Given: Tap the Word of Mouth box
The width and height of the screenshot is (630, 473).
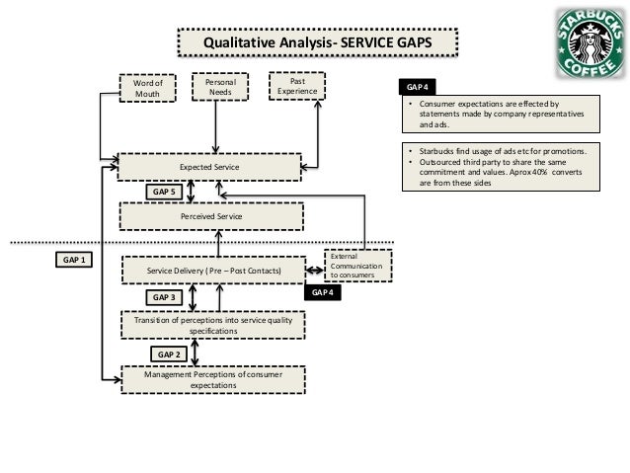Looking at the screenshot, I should tap(146, 87).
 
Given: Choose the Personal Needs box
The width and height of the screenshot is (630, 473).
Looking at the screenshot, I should tap(219, 87).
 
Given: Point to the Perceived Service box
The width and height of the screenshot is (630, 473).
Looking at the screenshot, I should tap(211, 215).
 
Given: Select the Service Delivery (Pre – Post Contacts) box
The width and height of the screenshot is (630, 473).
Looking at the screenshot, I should tap(214, 270).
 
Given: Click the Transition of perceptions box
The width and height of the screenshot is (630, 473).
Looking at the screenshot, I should tap(213, 324).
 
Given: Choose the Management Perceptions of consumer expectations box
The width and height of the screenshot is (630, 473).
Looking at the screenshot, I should tap(212, 378).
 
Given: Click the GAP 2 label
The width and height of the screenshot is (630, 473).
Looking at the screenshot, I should tap(170, 353).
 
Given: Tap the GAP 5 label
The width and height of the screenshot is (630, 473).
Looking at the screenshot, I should tap(162, 192).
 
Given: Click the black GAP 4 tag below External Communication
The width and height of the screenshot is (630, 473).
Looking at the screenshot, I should tap(322, 292).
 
